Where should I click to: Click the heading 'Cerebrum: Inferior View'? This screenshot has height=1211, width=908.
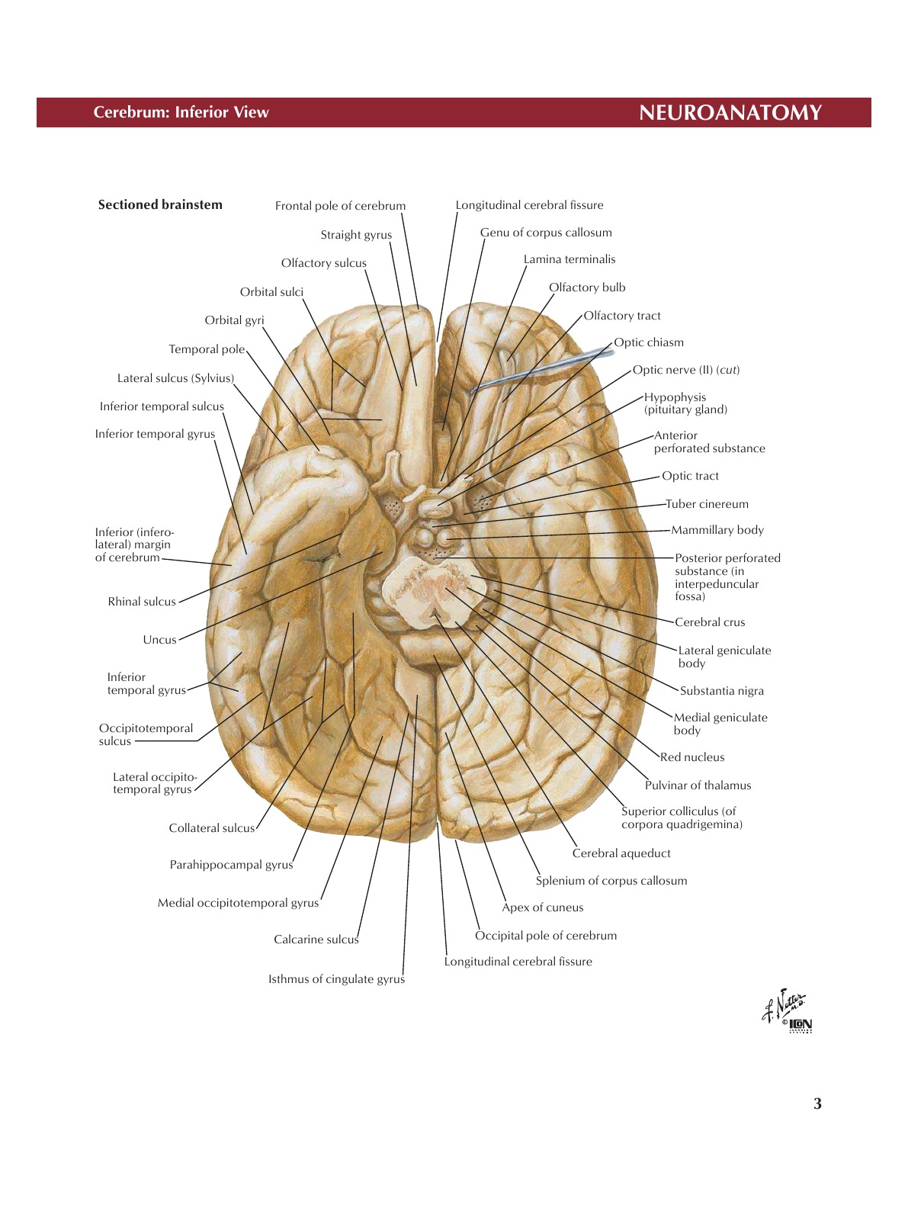[x=181, y=113]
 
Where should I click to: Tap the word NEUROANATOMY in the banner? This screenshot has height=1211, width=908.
[x=730, y=113]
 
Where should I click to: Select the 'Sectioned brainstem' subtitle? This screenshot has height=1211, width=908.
[x=160, y=204]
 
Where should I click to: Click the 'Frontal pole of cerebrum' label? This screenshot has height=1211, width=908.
[x=340, y=206]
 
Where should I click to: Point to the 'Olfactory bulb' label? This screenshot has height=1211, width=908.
[x=587, y=287]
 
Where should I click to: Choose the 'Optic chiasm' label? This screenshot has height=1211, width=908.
[x=649, y=342]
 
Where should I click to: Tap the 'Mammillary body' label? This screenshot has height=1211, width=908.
[x=717, y=530]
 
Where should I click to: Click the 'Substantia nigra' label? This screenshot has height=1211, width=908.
[x=721, y=691]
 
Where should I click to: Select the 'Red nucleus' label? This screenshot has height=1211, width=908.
[x=692, y=757]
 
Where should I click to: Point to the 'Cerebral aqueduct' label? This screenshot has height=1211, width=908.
[x=621, y=853]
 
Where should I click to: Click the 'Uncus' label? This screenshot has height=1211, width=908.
[x=159, y=640]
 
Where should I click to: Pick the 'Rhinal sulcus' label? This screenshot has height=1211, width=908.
[x=142, y=602]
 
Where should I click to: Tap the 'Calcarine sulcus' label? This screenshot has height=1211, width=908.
[x=316, y=940]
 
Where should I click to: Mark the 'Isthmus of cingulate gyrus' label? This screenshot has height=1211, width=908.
[x=336, y=979]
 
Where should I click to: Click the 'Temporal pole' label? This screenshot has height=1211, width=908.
[x=207, y=349]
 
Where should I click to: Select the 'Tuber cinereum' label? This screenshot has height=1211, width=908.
[x=707, y=504]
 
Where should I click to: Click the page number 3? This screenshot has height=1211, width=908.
[x=817, y=1103]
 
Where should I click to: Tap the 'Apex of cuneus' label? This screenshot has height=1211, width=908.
[x=542, y=907]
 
